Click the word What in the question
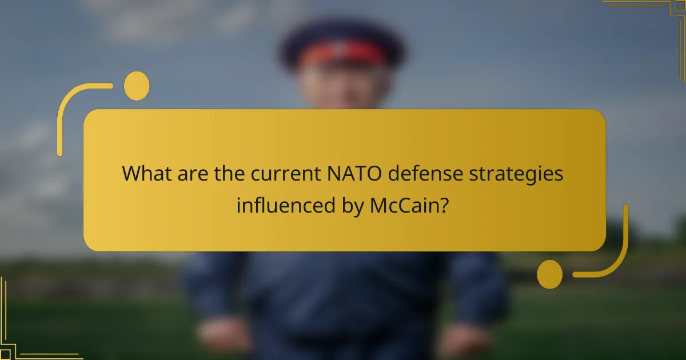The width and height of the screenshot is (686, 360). (x=146, y=174)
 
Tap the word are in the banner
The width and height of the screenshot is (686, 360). (x=192, y=174)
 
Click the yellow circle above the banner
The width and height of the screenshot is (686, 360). (x=137, y=86)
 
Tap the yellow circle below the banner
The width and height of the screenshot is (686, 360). (x=550, y=274)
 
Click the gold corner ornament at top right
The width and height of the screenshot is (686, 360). (x=657, y=17)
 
